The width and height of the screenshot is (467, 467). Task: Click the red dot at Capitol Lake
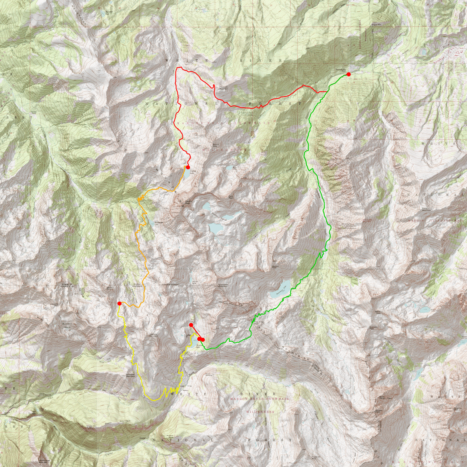coord(188,167)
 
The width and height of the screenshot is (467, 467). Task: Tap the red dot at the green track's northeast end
coord(349,74)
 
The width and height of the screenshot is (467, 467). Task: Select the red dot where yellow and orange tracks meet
coord(119,303)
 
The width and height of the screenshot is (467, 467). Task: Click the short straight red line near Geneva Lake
coord(195,331)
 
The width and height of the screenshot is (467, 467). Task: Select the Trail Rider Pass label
coord(259,323)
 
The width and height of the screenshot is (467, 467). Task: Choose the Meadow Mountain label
coord(153,335)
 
